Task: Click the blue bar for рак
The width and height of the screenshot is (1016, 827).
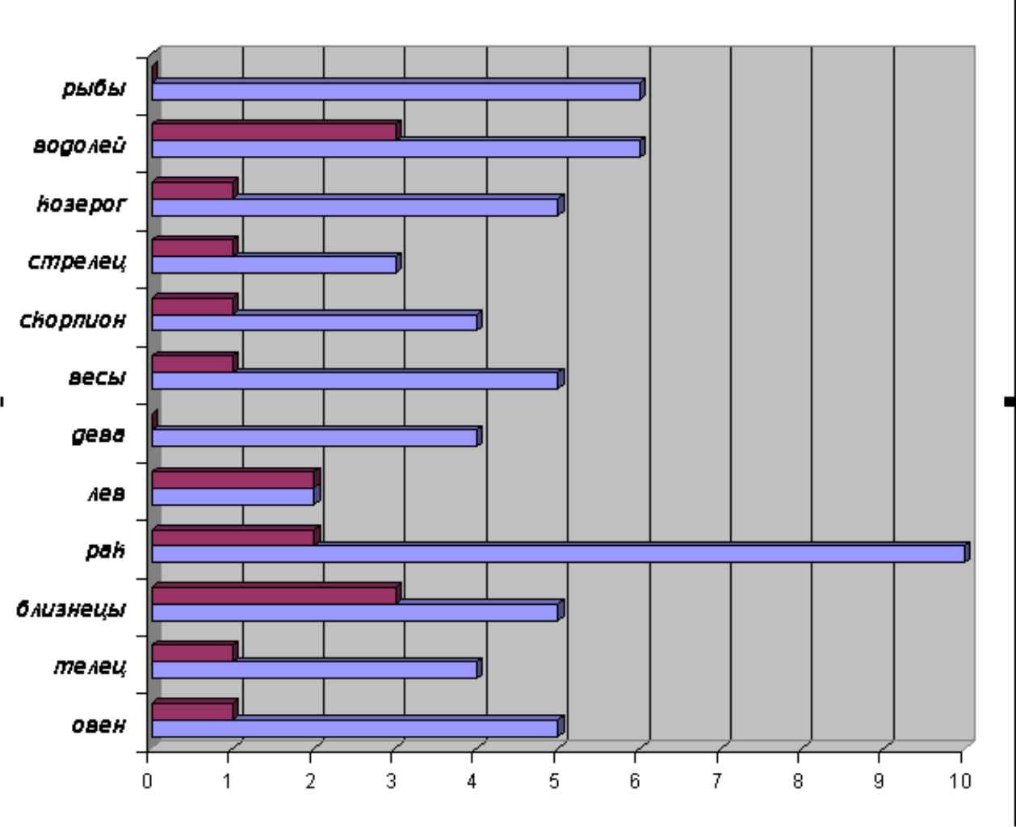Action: [557, 554]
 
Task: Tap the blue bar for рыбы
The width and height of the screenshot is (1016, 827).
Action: [396, 91]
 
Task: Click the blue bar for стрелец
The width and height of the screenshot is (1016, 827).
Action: [274, 265]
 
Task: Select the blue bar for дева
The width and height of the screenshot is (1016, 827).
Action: [314, 438]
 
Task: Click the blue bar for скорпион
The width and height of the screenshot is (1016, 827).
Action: [314, 322]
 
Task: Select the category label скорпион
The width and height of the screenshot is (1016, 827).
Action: [73, 320]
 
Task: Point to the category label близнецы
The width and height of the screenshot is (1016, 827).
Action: [71, 609]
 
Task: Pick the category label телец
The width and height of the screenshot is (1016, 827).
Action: [90, 667]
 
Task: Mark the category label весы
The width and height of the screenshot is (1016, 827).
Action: [96, 378]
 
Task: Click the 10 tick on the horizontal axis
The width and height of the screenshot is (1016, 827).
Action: [961, 781]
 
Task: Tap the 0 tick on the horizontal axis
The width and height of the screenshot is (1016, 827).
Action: [148, 781]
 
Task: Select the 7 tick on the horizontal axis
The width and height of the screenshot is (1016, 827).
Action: [717, 781]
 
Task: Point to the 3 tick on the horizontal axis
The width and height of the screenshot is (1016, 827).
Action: [392, 781]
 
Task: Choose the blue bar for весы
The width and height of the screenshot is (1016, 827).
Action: [355, 380]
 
